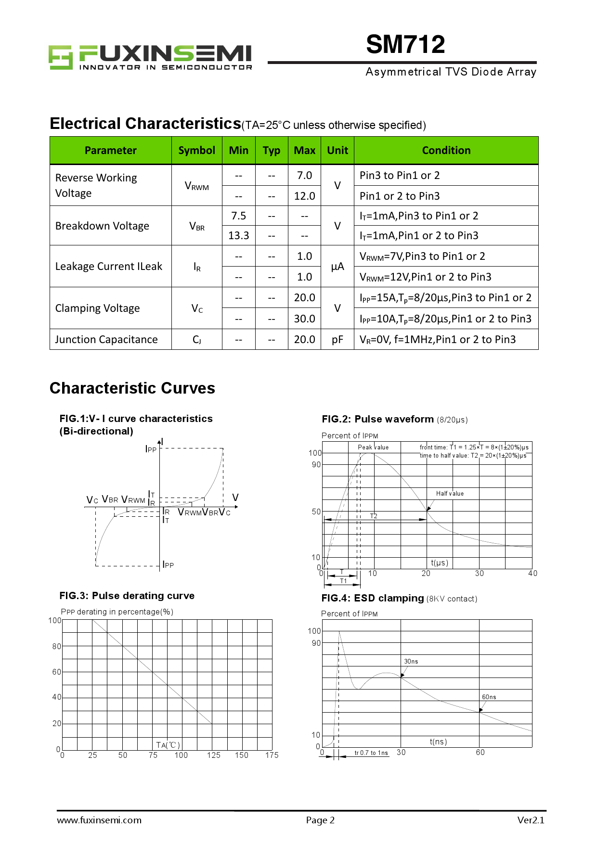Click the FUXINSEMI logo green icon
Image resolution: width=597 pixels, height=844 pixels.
[60, 57]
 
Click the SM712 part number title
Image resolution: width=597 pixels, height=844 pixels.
[405, 45]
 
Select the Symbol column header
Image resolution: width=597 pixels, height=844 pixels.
[196, 151]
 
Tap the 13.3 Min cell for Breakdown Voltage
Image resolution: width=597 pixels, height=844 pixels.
[239, 236]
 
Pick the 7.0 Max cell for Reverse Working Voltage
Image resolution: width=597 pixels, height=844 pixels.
[304, 176]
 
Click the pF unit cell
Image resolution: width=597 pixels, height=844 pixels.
[337, 340]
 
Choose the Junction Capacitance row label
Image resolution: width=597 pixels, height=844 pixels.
[106, 340]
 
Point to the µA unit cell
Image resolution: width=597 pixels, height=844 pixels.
[337, 267]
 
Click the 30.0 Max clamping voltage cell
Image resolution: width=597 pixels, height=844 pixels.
[304, 319]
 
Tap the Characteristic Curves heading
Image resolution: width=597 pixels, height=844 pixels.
[132, 388]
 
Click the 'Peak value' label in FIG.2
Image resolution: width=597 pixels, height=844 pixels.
[373, 448]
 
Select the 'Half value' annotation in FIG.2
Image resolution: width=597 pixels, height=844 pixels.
[450, 494]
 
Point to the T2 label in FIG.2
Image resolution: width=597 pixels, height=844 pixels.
[374, 516]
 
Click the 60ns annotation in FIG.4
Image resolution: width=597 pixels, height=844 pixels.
[489, 697]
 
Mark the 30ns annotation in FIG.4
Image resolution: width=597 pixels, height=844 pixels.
[411, 662]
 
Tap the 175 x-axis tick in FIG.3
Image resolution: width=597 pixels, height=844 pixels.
[272, 755]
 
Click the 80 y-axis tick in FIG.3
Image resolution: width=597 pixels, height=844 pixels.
[57, 646]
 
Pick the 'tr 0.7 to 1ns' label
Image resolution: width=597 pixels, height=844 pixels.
[371, 753]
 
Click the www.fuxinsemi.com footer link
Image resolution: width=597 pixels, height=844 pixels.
[99, 820]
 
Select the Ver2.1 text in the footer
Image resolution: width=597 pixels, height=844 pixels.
[531, 820]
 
